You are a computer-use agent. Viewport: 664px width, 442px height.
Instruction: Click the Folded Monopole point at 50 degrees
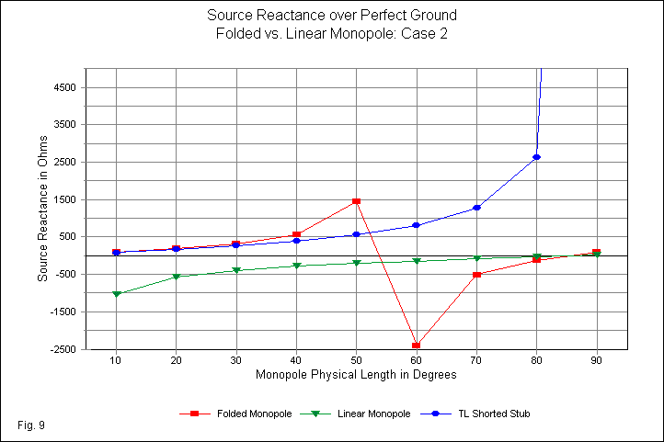pos(356,200)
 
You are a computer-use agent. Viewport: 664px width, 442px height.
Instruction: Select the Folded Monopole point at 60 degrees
pos(417,346)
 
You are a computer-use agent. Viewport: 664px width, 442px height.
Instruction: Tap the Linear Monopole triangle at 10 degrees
pos(116,294)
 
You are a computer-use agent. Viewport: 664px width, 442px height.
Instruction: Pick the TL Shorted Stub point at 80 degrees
pos(536,157)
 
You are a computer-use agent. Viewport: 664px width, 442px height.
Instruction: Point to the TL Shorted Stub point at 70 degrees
pos(476,208)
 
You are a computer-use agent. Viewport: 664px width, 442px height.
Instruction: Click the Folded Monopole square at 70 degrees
pos(476,275)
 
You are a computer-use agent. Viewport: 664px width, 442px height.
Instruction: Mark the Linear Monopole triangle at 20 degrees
pos(176,277)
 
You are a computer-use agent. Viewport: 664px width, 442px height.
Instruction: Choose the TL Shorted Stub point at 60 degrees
pos(417,225)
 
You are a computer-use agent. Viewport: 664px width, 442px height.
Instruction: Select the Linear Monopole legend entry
pos(361,414)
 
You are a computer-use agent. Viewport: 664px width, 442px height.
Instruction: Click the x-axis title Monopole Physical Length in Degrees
pos(356,374)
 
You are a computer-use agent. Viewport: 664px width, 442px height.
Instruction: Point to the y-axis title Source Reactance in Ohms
pos(41,209)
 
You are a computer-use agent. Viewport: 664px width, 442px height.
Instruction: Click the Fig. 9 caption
pos(30,425)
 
